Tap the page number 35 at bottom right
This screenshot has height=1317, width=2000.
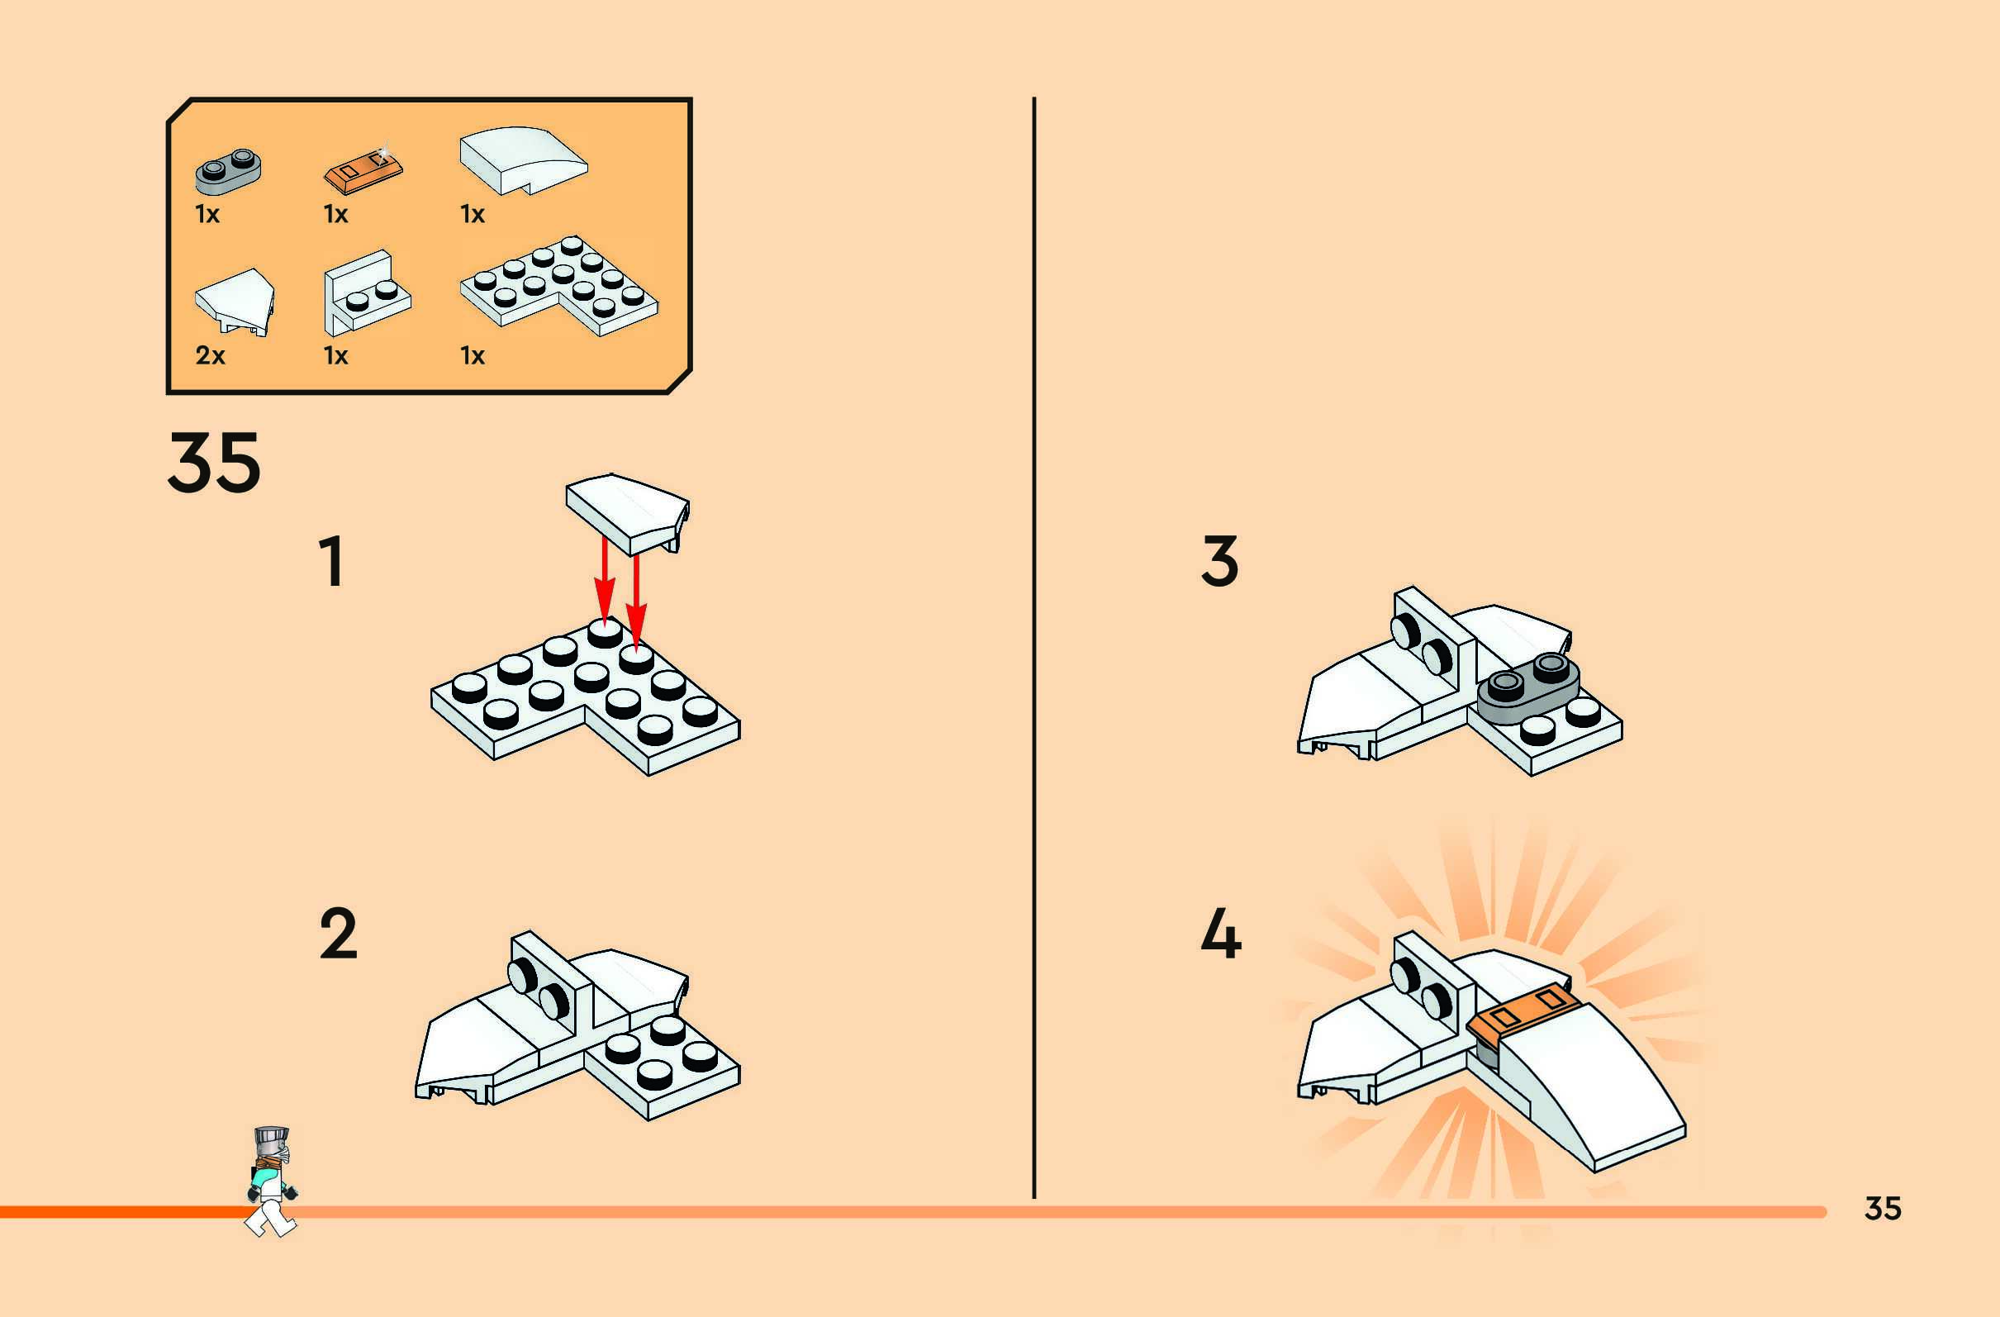[x=1883, y=1208]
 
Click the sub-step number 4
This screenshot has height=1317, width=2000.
[x=1221, y=934]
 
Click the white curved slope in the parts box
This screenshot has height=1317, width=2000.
[x=523, y=159]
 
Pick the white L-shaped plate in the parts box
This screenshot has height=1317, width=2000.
[x=559, y=286]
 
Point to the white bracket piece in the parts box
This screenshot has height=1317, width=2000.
[x=365, y=292]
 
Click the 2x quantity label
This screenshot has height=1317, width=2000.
[x=210, y=355]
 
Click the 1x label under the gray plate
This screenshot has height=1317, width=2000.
[x=207, y=214]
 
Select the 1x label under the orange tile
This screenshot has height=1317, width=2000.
[x=335, y=214]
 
